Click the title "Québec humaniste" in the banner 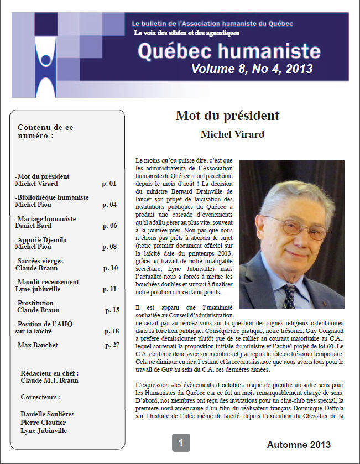pyautogui.click(x=229, y=51)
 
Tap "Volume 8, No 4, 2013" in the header pyautogui.click(x=252, y=69)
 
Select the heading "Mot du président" pyautogui.click(x=227, y=116)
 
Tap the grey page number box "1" pyautogui.click(x=181, y=442)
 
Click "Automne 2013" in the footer pyautogui.click(x=299, y=445)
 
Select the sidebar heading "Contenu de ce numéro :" pyautogui.click(x=45, y=131)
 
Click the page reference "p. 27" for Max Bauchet pyautogui.click(x=112, y=345)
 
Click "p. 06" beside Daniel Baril pyautogui.click(x=109, y=226)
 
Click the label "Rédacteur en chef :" pyautogui.click(x=49, y=373)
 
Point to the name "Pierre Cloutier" pyautogui.click(x=43, y=422)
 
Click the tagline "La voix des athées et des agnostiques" pyautogui.click(x=187, y=33)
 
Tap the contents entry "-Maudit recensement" pyautogui.click(x=47, y=281)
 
